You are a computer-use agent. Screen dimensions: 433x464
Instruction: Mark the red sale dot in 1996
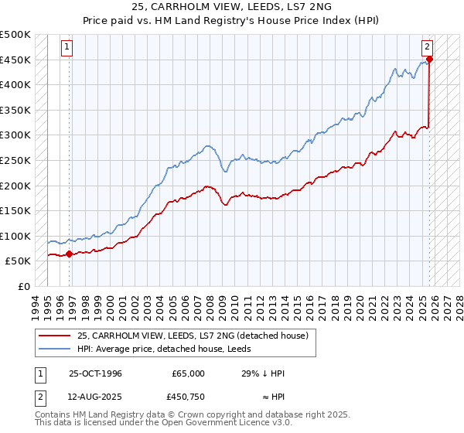coord(70,254)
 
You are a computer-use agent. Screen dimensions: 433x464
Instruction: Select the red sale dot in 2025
coord(430,60)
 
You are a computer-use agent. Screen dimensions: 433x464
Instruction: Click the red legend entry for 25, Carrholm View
coord(193,335)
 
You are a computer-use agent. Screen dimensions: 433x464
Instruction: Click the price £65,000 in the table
coord(188,373)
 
